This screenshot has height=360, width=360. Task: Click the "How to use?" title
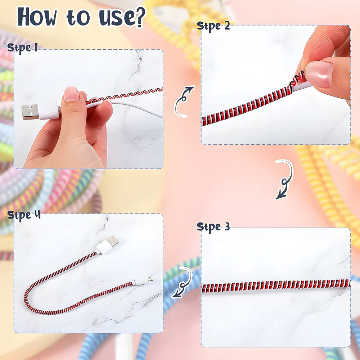pos(81,17)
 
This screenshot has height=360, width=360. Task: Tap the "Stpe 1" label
pos(22,48)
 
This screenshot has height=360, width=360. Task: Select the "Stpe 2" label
pos(213,27)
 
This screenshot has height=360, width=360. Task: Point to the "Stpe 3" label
pos(213,227)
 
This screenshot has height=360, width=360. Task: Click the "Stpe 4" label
pos(24,215)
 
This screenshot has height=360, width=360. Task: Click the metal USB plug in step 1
pos(30,112)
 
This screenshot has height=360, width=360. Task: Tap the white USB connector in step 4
pos(108,245)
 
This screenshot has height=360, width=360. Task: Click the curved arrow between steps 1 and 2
pos(184,102)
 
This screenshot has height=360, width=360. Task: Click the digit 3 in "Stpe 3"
pos(226,227)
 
